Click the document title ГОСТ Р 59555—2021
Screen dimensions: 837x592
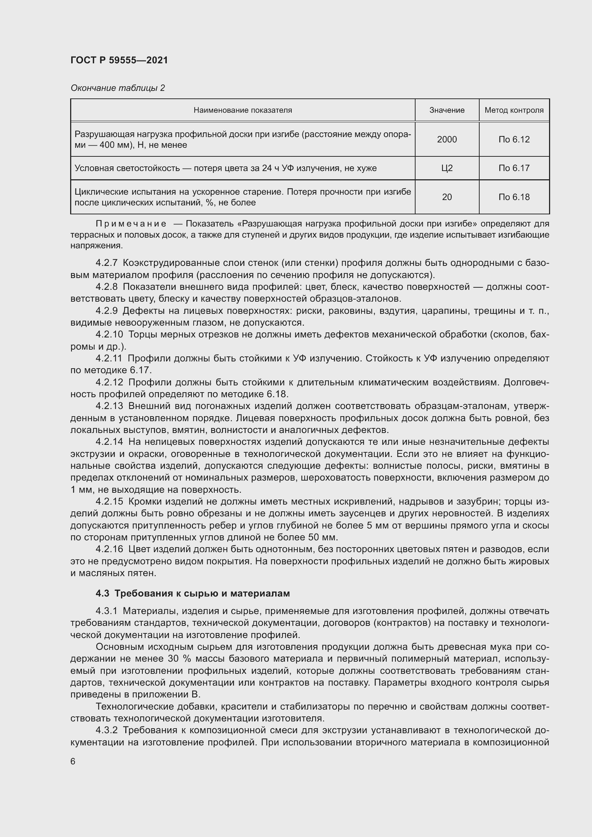click(x=119, y=60)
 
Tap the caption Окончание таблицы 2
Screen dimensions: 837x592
click(x=118, y=88)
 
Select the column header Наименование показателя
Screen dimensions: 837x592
click(x=242, y=110)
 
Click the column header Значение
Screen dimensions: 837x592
click(x=447, y=110)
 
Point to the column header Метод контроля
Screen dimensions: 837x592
click(x=514, y=110)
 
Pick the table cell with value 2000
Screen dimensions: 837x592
click(x=447, y=139)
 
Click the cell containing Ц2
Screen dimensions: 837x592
click(x=447, y=168)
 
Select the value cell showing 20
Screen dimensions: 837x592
click(x=447, y=197)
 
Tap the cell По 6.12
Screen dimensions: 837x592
click(x=514, y=139)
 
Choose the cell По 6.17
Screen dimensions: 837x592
click(x=514, y=168)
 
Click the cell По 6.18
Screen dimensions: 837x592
click(x=514, y=197)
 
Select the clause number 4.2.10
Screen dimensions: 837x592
click(x=110, y=334)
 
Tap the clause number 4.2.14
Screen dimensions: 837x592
click(x=110, y=442)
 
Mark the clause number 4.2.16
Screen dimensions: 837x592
click(x=110, y=549)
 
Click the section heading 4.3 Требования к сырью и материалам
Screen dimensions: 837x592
click(x=193, y=593)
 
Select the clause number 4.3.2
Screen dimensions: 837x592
click(x=106, y=730)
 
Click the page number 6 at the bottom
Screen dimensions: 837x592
click(x=73, y=761)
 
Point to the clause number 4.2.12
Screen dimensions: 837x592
click(x=110, y=382)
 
